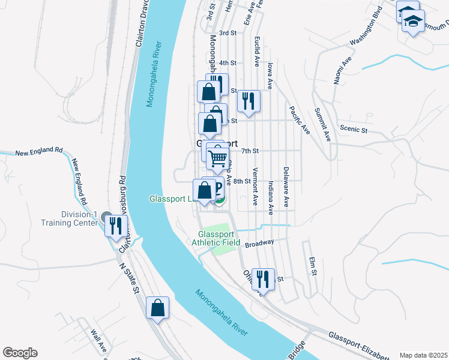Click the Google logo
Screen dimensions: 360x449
(x=20, y=353)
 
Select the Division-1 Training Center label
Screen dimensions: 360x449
(x=70, y=218)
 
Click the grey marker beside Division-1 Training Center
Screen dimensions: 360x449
(x=107, y=217)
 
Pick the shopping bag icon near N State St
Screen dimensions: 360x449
(x=157, y=308)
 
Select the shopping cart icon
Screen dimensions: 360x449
(x=218, y=158)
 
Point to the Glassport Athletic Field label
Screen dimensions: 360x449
(x=219, y=238)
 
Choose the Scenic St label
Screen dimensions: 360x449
(x=353, y=129)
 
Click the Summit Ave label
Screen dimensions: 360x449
(x=322, y=125)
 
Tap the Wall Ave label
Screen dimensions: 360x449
(x=98, y=340)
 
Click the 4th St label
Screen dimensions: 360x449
(x=228, y=62)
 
